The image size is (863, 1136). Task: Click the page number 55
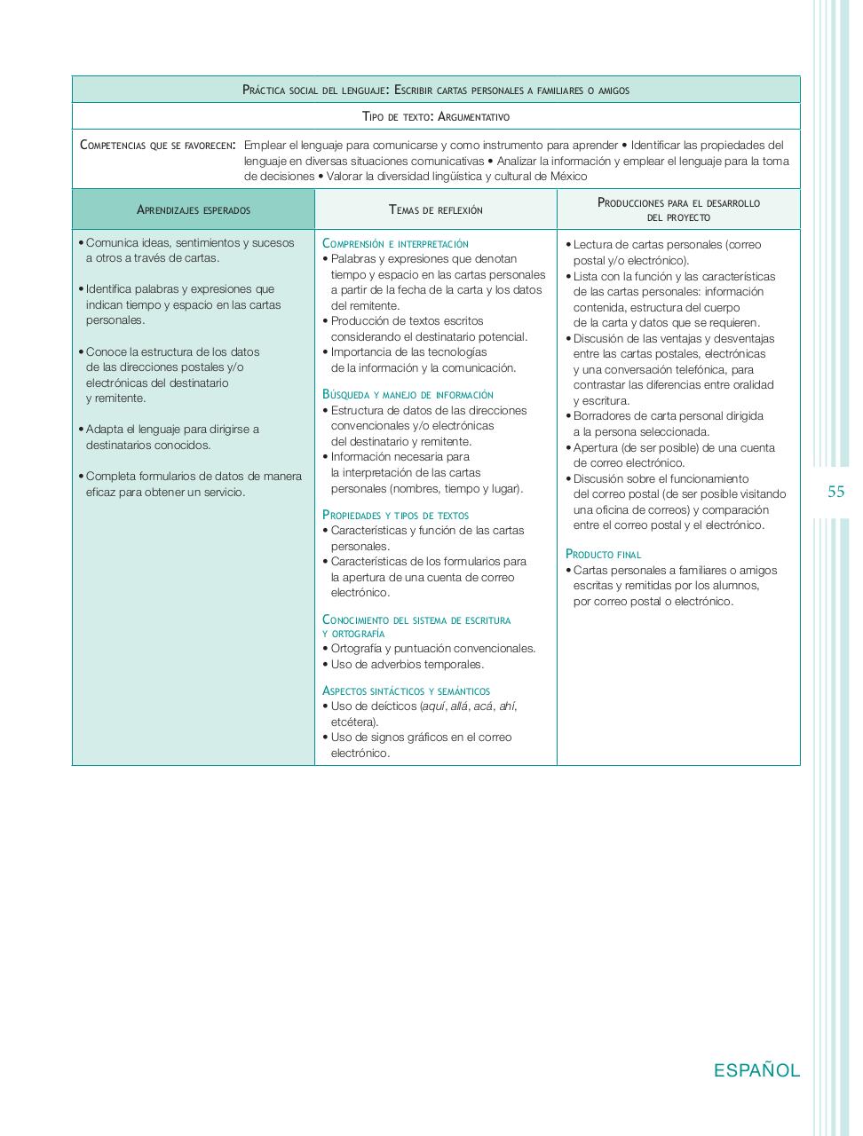835,492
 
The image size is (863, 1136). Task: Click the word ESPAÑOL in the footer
756,1070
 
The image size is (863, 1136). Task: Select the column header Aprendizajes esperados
194,210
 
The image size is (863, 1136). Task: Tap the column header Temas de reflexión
436,210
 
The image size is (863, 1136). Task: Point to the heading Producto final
603,555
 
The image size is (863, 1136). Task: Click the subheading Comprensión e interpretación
395,244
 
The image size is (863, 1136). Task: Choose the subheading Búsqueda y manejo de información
408,395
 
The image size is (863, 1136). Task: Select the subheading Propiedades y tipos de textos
395,516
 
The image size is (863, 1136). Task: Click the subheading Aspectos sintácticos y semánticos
406,691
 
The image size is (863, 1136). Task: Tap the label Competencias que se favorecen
157,146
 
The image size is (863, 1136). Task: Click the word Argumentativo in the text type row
474,117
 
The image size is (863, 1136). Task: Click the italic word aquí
433,706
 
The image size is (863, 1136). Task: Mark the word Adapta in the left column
103,430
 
